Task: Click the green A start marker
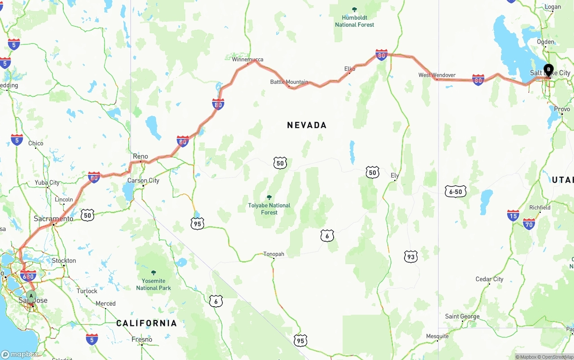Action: pos(31,296)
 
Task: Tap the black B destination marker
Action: pos(548,70)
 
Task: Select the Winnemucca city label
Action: pos(248,59)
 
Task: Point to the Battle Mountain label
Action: pos(289,82)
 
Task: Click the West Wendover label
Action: pos(437,75)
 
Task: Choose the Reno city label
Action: pos(140,156)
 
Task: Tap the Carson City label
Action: pos(143,181)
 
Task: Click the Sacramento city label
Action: pos(53,219)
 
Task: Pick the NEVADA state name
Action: pos(307,125)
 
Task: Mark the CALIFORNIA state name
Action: pos(146,323)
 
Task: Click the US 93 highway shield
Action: pos(410,256)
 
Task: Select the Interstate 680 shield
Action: pos(28,276)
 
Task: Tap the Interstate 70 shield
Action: pos(529,224)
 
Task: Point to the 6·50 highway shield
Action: pos(456,192)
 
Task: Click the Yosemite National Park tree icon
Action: pos(154,273)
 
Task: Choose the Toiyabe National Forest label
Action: pos(269,208)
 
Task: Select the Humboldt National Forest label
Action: pos(354,21)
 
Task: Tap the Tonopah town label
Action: pos(274,254)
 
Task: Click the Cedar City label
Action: pos(489,279)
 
